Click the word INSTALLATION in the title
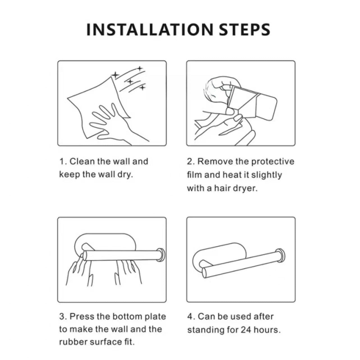click(x=150, y=29)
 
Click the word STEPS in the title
click(x=244, y=29)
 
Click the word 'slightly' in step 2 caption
click(x=266, y=175)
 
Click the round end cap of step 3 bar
click(x=162, y=255)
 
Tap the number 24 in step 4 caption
click(x=246, y=330)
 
